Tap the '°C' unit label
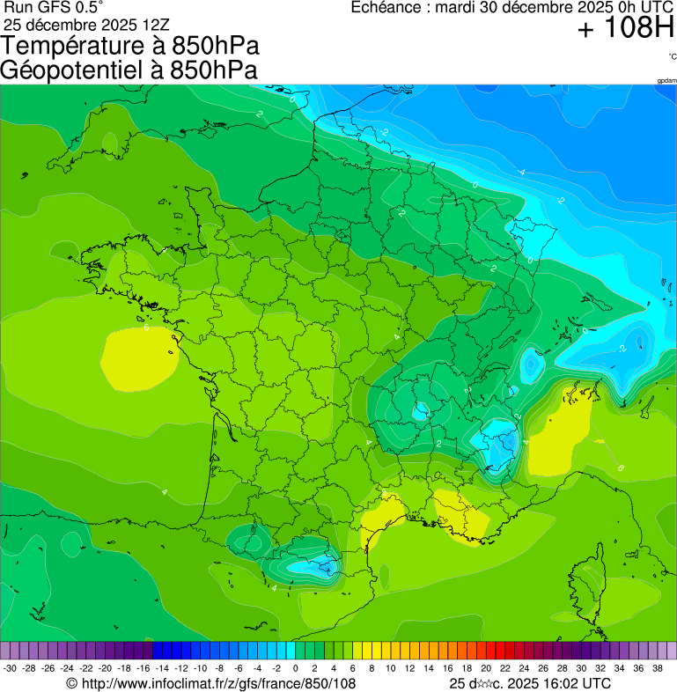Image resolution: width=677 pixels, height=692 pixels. tap(672, 56)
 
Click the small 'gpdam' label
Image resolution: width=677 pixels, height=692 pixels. tap(666, 80)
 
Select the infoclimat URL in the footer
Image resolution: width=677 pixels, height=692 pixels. tap(220, 683)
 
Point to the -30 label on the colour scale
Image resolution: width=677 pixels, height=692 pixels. tap(10, 668)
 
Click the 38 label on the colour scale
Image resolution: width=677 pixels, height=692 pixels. tap(657, 668)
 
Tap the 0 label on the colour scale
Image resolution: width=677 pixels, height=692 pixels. tap(295, 668)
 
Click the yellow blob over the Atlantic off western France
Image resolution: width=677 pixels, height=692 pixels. tap(136, 358)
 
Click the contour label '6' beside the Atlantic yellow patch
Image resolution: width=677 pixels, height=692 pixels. tap(146, 328)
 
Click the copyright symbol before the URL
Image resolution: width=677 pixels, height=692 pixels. tap(71, 683)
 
